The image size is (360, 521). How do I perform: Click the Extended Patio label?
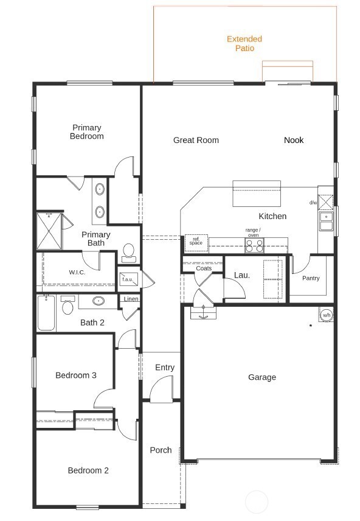240,43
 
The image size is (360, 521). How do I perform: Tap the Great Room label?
196,140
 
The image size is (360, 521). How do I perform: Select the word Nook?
294,140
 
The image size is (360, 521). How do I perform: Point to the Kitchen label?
272,216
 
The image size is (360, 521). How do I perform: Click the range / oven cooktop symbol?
254,245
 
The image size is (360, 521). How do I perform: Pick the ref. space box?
196,242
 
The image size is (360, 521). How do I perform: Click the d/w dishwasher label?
313,203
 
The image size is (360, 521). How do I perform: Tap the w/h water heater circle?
327,315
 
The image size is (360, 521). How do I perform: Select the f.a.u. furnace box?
128,279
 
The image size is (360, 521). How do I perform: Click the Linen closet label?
131,299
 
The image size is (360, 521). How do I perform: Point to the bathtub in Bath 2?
46,313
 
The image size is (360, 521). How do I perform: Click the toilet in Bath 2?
67,306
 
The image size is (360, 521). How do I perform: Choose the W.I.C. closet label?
77,272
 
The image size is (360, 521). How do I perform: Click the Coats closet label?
204,268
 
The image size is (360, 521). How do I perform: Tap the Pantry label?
311,278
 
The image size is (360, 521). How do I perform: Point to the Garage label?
261,377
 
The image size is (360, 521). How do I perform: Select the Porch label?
161,450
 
